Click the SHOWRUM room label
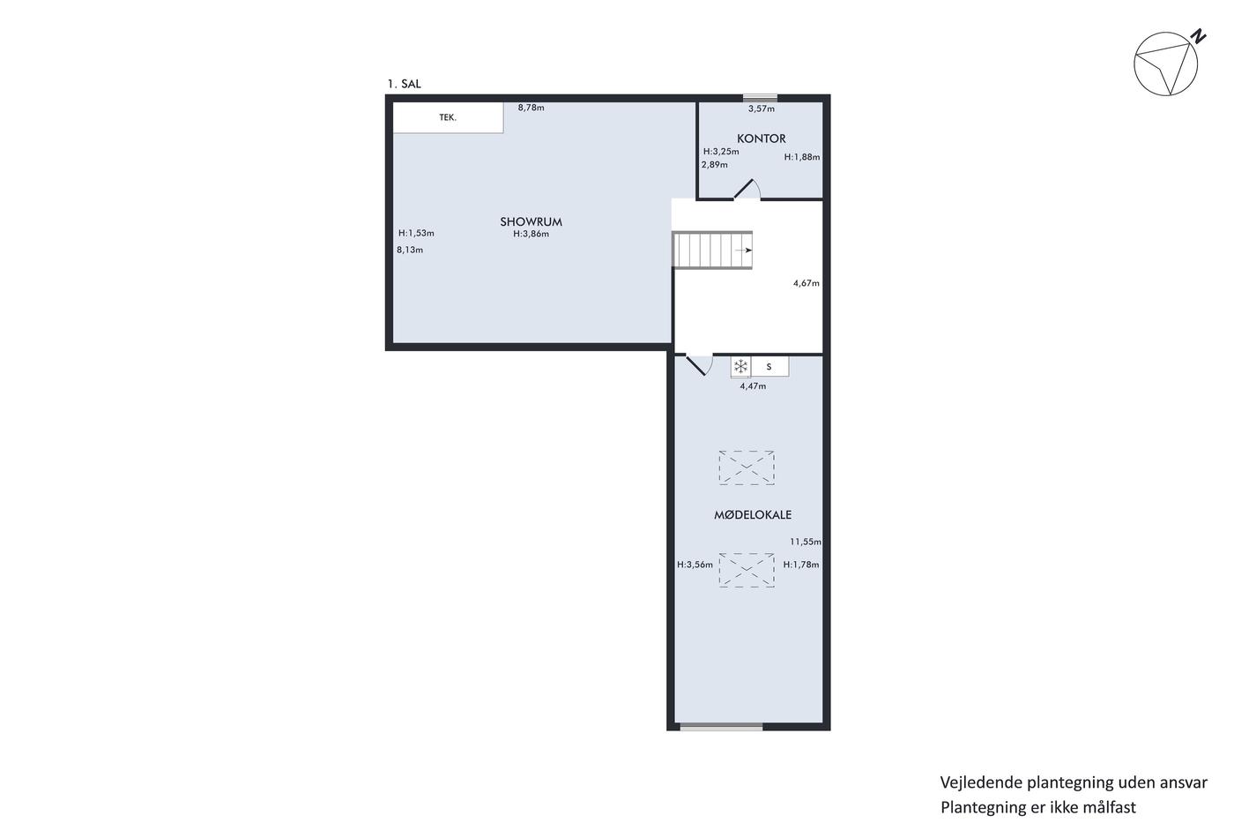click(531, 221)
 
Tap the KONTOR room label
click(762, 138)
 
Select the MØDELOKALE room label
click(753, 515)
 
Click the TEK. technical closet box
click(448, 117)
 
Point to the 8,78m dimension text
click(531, 108)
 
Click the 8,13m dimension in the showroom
click(410, 250)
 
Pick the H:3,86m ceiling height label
click(531, 234)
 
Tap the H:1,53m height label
click(416, 233)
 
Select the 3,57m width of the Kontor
click(762, 109)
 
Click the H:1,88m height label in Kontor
click(802, 157)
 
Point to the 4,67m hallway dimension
click(806, 283)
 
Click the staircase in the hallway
click(712, 251)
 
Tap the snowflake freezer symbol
click(741, 366)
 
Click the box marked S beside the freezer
click(769, 367)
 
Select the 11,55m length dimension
click(806, 542)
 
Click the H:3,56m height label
click(695, 565)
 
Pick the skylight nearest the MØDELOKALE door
click(747, 468)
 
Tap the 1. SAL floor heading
click(404, 84)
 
